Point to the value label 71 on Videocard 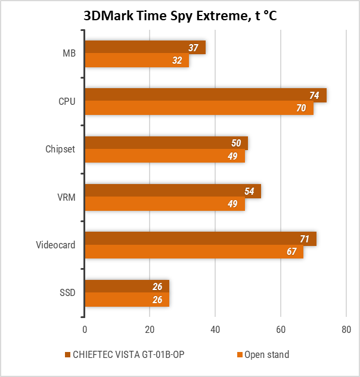[x=305, y=239]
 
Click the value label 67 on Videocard [x=291, y=252]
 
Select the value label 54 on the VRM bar [x=249, y=191]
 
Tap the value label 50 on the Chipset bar [x=236, y=143]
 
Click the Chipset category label [x=61, y=149]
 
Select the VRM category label [x=66, y=197]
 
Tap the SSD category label [x=67, y=293]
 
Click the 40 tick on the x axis [x=215, y=329]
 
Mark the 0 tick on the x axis [x=85, y=329]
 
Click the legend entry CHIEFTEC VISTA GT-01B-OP [x=128, y=355]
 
